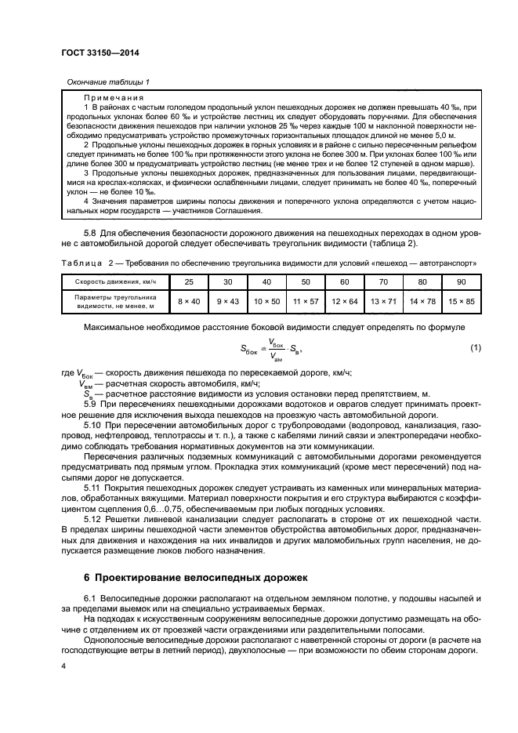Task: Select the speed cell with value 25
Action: [189, 281]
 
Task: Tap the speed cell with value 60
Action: [344, 281]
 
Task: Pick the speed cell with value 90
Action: [460, 281]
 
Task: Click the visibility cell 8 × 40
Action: [189, 302]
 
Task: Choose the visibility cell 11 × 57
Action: [306, 302]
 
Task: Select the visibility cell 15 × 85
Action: [460, 302]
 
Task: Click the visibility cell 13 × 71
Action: [383, 302]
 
